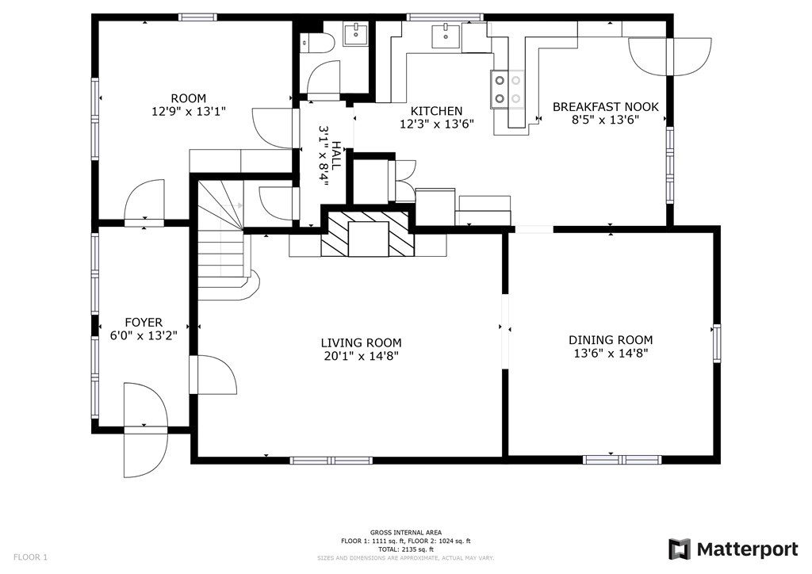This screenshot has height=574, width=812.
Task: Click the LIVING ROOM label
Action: [x=361, y=342]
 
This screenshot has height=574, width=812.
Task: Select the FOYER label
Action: [x=143, y=323]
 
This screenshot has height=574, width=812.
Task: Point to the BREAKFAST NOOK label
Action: [x=605, y=106]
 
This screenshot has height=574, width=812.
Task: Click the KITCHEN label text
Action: [x=435, y=111]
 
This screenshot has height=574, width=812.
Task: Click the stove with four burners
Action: [x=507, y=88]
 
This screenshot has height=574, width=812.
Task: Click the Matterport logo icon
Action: [x=679, y=549]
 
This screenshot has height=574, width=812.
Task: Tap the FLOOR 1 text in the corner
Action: [x=30, y=557]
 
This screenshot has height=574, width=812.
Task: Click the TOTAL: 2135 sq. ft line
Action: [x=405, y=549]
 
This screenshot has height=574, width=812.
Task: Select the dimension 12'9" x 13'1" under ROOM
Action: [x=189, y=112]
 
